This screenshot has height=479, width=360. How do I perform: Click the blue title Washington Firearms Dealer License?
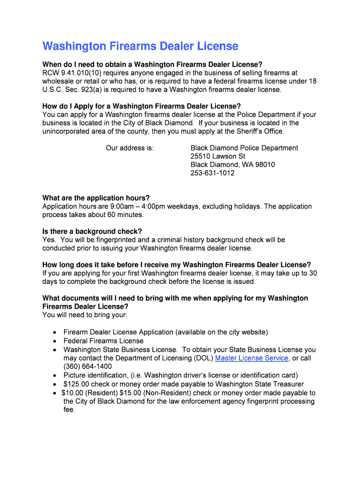[140, 46]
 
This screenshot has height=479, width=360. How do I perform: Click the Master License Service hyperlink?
[251, 358]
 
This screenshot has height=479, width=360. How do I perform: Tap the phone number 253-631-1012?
[212, 173]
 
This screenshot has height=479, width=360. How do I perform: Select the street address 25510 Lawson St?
[217, 156]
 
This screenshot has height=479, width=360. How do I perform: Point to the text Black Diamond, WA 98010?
[232, 165]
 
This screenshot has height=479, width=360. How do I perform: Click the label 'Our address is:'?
[130, 148]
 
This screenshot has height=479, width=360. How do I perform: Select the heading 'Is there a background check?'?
[92, 232]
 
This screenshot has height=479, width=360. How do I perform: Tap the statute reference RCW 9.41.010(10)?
[71, 73]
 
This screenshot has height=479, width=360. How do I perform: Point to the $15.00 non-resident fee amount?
[130, 393]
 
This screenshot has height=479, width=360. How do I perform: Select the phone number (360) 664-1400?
[87, 367]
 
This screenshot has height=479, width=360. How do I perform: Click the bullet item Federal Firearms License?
[103, 341]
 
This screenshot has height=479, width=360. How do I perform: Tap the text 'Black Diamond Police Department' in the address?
[244, 148]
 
